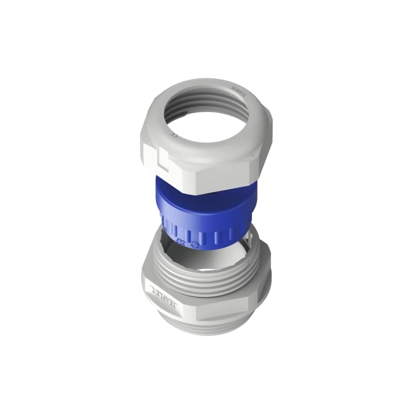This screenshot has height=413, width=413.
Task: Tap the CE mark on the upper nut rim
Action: coord(174,135)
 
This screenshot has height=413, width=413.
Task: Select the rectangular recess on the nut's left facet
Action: coord(154,157)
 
